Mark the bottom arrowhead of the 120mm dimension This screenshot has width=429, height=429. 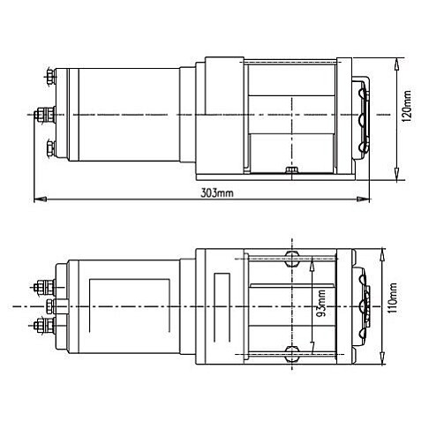399,171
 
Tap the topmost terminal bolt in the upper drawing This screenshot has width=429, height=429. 51,78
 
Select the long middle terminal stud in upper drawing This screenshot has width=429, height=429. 42,114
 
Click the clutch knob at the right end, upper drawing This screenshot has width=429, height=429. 365,116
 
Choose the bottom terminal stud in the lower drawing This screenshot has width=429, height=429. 41,326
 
